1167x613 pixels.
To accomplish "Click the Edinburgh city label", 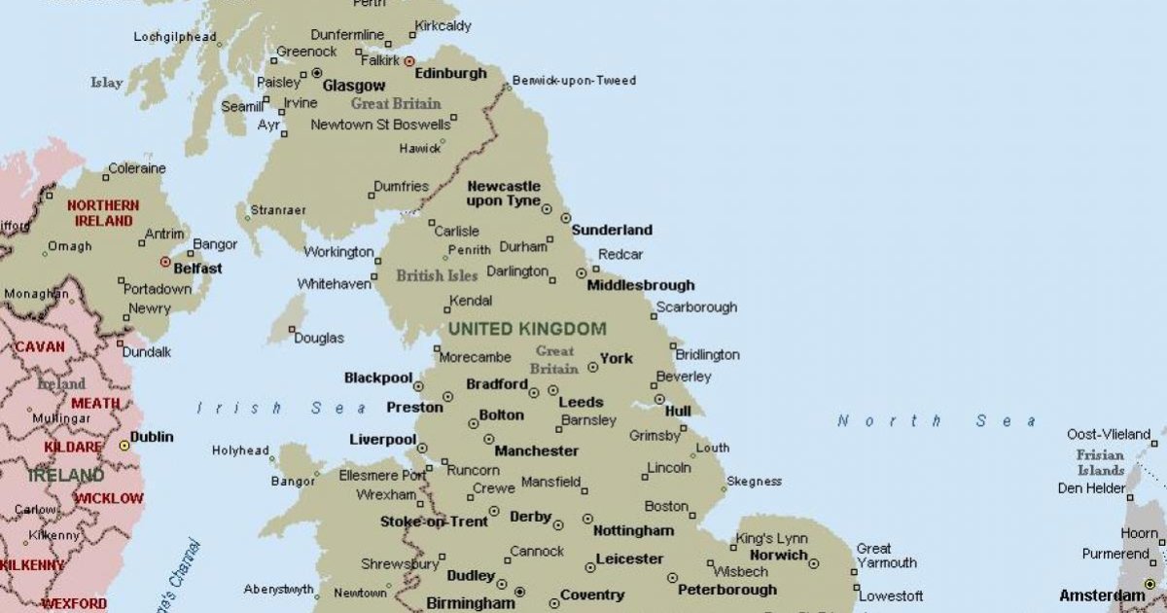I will point(450,74).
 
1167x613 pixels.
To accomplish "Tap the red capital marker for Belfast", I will point(165,262).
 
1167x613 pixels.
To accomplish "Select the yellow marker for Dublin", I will point(124,445).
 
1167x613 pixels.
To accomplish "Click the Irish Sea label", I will point(282,409).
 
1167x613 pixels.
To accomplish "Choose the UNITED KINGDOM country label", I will point(527,329).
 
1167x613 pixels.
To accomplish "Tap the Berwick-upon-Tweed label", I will point(574,81).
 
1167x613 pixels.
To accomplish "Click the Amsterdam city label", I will point(1102,595).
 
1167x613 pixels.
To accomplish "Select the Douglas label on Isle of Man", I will point(319,339).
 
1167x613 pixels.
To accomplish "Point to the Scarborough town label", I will point(696,307).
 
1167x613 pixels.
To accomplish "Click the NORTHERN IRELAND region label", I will point(102,213).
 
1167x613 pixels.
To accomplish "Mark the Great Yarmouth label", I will point(886,556).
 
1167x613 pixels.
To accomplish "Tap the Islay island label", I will point(107,83).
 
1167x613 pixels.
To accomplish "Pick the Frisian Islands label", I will point(1100,463).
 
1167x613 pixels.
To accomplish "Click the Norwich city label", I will point(778,556).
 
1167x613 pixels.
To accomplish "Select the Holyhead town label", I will point(240,451).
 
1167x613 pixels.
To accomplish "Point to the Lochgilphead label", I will point(175,37).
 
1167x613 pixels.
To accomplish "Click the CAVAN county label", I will point(40,346).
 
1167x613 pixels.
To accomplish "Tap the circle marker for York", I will point(592,368).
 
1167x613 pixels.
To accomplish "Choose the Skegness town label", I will point(754,482).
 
